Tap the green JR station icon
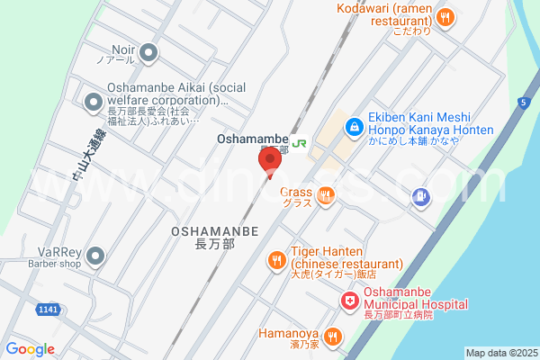[299, 140]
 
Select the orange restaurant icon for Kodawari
[444, 16]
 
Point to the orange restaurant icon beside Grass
[326, 193]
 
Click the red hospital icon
[346, 300]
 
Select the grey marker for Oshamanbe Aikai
[93, 103]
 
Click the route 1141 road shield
[49, 310]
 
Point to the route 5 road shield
[522, 103]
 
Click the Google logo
[30, 349]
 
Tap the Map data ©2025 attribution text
[499, 353]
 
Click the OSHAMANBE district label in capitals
[214, 231]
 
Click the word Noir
[122, 50]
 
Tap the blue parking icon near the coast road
[419, 195]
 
